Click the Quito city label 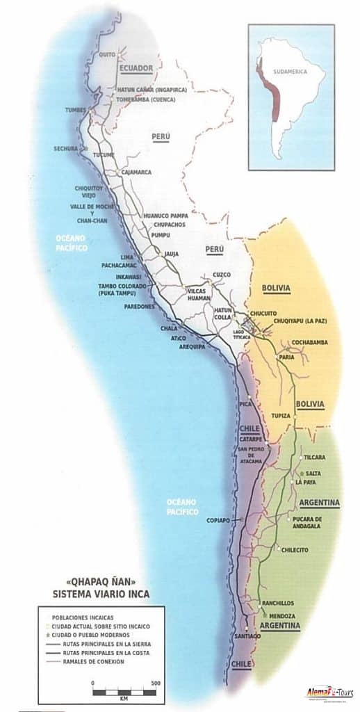(106, 53)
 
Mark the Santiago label (247, 637)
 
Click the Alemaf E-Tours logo (332, 693)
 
